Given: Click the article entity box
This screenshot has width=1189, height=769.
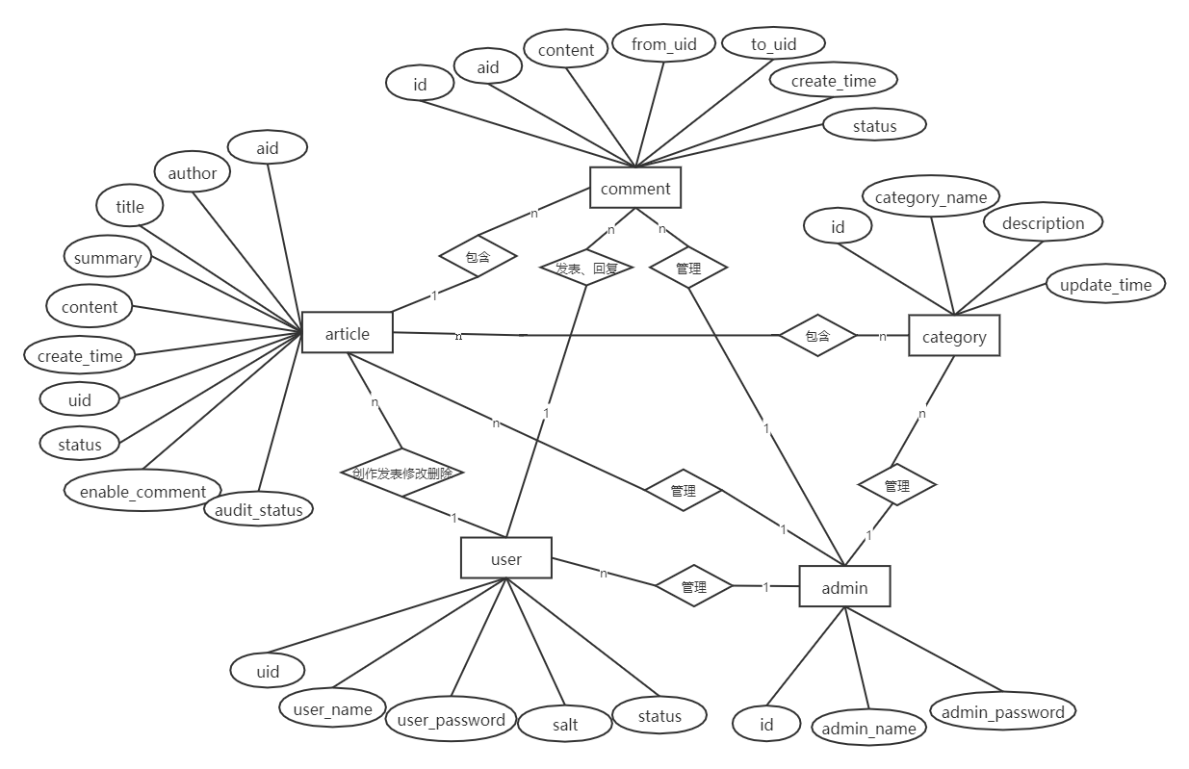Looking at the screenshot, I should tap(348, 333).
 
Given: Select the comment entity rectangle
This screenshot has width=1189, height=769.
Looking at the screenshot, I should tap(635, 188).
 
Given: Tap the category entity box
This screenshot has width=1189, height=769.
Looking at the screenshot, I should tap(954, 336).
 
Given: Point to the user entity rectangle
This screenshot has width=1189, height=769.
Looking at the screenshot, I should tap(506, 558).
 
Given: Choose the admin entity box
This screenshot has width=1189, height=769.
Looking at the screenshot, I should tap(844, 587).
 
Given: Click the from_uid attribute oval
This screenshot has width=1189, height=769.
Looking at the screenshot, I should tap(664, 44).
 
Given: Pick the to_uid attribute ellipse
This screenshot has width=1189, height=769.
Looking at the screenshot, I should tap(774, 44).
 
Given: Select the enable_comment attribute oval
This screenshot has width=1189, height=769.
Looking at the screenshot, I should tap(142, 492).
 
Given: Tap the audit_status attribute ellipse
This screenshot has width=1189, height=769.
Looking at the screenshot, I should tap(258, 509).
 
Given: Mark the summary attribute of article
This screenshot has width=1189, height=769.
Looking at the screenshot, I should tap(108, 258).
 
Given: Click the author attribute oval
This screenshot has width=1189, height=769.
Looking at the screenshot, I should tap(193, 173).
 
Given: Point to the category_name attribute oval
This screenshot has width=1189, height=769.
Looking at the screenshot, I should tap(931, 197).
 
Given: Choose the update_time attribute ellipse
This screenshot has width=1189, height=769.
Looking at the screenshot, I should tap(1105, 285).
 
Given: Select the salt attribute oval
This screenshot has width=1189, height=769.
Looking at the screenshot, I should tap(565, 724).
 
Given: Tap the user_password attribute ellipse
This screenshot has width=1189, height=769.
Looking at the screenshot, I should tap(451, 720).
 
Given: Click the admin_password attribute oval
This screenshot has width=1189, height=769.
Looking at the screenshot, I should tap(1002, 712).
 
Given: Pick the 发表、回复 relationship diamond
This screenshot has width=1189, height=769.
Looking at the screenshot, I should tap(587, 269).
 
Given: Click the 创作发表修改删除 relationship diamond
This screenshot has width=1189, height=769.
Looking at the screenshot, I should tap(402, 473).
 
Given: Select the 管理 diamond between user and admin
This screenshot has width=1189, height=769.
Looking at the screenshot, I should tap(694, 586).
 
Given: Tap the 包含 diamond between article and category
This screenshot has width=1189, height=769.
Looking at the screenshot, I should tap(817, 336).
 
